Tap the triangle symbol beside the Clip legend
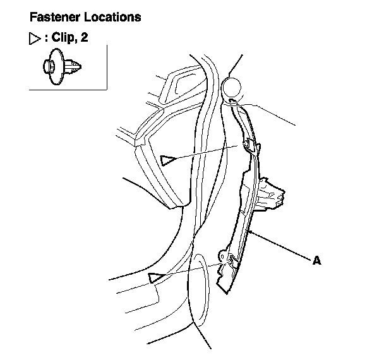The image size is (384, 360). coord(35,39)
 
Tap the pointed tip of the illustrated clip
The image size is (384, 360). coord(80,65)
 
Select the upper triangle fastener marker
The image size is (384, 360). coord(167,159)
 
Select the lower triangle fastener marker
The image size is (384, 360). coord(153,277)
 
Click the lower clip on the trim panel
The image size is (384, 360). coord(229,257)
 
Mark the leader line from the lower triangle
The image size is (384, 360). coord(189,268)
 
